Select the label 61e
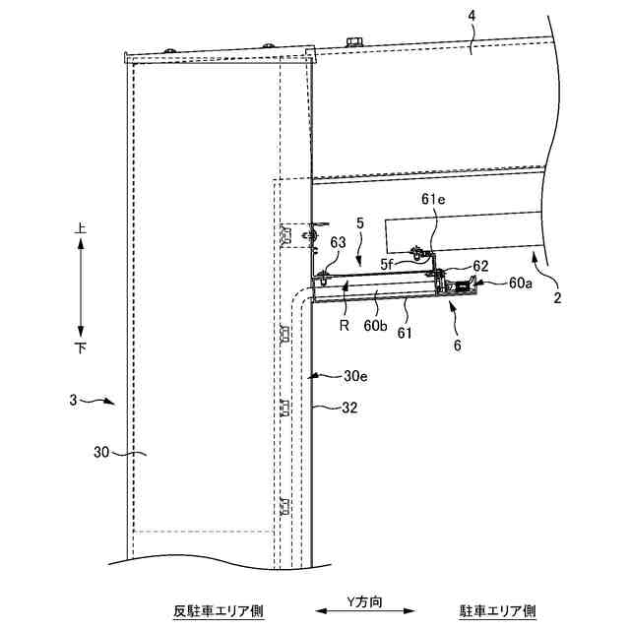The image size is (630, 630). click(x=434, y=201)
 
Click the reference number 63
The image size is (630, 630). click(x=338, y=241)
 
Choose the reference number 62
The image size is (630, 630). click(x=480, y=265)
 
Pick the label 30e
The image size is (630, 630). click(x=356, y=376)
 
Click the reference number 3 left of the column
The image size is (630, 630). click(x=73, y=400)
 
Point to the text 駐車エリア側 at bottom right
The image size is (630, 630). click(x=498, y=611)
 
